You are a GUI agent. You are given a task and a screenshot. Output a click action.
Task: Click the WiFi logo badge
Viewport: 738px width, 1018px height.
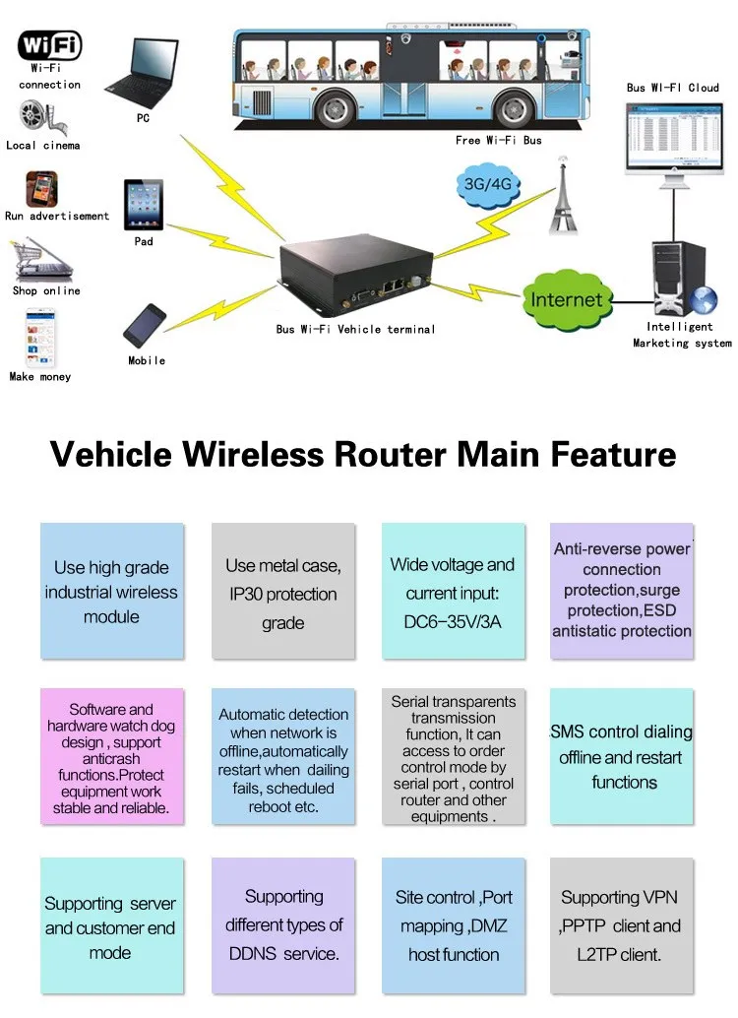pos(49,45)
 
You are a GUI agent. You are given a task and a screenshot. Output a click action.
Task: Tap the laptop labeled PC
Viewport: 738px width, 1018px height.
pos(143,74)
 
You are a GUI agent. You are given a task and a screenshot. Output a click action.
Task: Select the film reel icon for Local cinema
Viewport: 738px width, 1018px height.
pos(41,117)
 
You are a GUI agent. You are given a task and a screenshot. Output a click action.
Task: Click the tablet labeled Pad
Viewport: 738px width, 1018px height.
pos(144,205)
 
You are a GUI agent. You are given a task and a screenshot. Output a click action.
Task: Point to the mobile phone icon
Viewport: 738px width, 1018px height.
pos(145,326)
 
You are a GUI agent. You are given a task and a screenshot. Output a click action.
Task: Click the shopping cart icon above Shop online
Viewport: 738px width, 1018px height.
pos(39,260)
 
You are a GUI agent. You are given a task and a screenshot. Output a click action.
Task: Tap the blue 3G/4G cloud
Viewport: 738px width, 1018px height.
pos(488,184)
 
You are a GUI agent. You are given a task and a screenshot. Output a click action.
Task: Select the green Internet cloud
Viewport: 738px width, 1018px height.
pos(567,299)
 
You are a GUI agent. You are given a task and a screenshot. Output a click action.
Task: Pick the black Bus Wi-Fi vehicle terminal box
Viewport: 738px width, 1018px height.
pos(355,273)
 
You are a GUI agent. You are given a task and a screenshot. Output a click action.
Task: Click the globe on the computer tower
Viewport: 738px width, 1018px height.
pos(703,301)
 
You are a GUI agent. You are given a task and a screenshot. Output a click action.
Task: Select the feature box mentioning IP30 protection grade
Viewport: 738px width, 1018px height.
pos(283,591)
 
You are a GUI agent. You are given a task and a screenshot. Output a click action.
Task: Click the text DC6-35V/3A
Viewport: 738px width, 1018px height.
pos(453,622)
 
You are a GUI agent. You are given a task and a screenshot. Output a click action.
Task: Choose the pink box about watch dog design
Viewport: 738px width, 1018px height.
pos(111,757)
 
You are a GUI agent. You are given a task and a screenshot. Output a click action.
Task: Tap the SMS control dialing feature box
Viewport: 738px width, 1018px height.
pos(622,757)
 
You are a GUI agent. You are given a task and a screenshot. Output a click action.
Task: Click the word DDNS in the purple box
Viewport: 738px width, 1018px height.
pos(252,954)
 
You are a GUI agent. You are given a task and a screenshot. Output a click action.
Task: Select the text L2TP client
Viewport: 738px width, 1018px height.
pos(619,954)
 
